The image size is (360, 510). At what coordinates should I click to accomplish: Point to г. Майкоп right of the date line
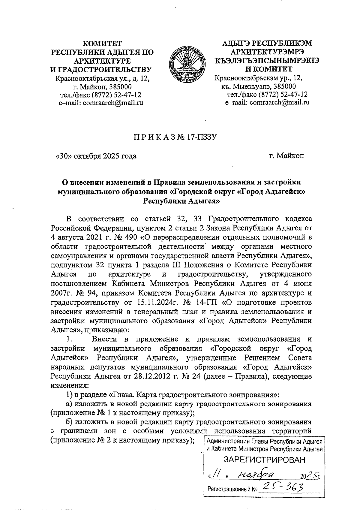tap(286, 156)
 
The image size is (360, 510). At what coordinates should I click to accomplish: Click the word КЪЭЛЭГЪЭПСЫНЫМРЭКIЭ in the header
tap(267, 61)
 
